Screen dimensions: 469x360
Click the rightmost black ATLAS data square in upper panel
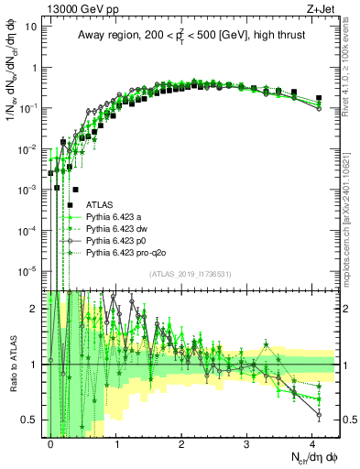point(319,97)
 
